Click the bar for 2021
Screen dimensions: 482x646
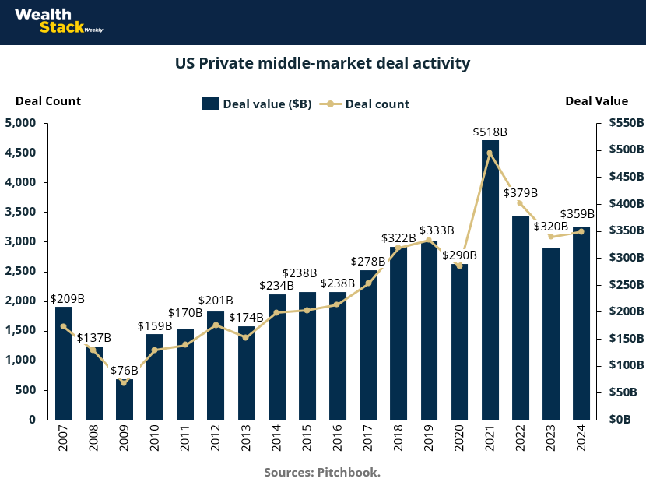(x=490, y=280)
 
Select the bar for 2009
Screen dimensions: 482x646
(x=124, y=399)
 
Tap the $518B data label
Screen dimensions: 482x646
(x=490, y=132)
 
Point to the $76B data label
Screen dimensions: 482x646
(x=124, y=370)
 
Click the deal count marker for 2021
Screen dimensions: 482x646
(x=490, y=153)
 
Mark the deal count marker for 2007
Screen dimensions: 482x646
(x=63, y=326)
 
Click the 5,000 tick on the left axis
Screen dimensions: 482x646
(x=21, y=123)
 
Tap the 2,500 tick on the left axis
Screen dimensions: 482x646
(x=21, y=271)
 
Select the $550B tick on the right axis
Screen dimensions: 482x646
(x=625, y=123)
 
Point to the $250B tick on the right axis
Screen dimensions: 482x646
(x=625, y=284)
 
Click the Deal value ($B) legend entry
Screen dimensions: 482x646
(x=257, y=104)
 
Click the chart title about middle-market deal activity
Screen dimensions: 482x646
(x=322, y=62)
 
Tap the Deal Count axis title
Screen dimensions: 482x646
(x=48, y=100)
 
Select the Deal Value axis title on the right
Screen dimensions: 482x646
(x=596, y=100)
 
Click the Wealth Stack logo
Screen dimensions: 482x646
(x=58, y=21)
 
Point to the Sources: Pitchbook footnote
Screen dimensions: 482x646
(x=322, y=472)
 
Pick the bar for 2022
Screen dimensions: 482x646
(x=520, y=318)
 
